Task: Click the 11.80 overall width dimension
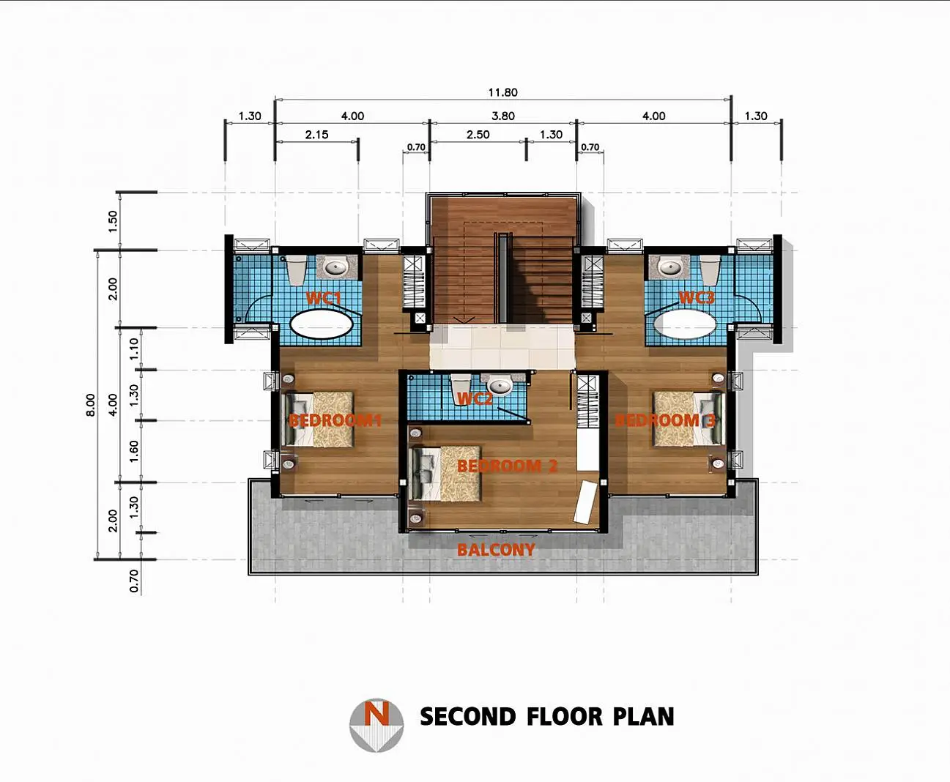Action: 502,92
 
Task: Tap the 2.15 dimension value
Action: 316,135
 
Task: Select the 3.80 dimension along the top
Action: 503,116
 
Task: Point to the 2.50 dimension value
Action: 478,135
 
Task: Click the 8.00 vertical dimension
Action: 91,404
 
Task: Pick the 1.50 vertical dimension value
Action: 112,221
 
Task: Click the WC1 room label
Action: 324,298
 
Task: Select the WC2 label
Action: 475,398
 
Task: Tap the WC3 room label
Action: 697,297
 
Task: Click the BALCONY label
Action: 496,550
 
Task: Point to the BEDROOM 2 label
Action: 508,466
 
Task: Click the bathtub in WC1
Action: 322,324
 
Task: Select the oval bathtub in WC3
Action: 684,324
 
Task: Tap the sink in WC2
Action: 500,386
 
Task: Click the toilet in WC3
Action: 709,270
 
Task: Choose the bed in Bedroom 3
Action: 689,420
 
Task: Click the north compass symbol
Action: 376,725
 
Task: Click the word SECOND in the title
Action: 468,717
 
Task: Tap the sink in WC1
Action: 336,267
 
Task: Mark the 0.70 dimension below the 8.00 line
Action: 134,581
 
